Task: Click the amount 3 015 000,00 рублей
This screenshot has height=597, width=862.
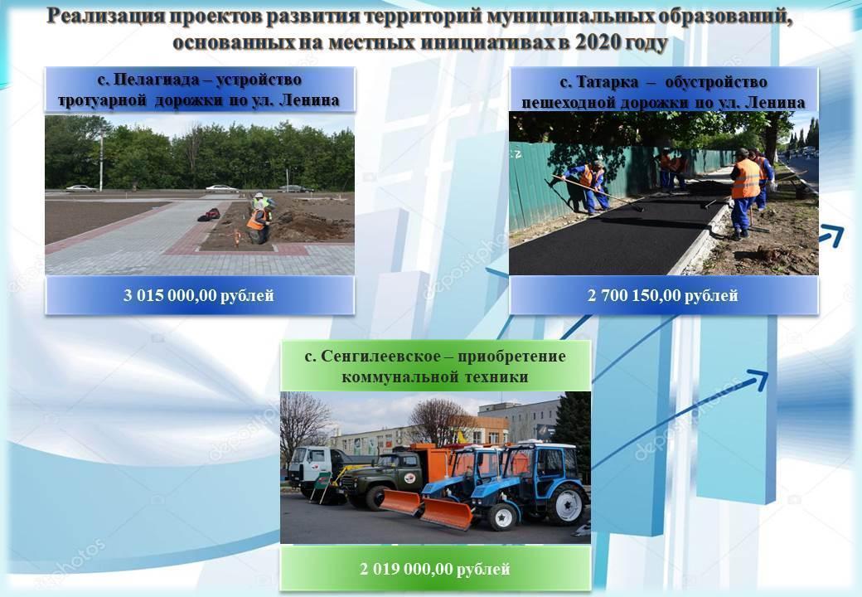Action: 198,296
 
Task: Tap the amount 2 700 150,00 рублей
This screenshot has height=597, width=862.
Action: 663,296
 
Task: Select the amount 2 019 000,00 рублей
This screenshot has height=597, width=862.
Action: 435,569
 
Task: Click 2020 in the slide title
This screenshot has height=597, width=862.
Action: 597,42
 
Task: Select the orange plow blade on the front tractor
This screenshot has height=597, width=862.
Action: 446,513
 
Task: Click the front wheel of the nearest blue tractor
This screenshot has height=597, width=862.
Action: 502,517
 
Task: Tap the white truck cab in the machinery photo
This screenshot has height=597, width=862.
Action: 309,464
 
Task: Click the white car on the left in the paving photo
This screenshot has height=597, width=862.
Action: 81,188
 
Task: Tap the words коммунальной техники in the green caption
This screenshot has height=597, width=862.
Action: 435,377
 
